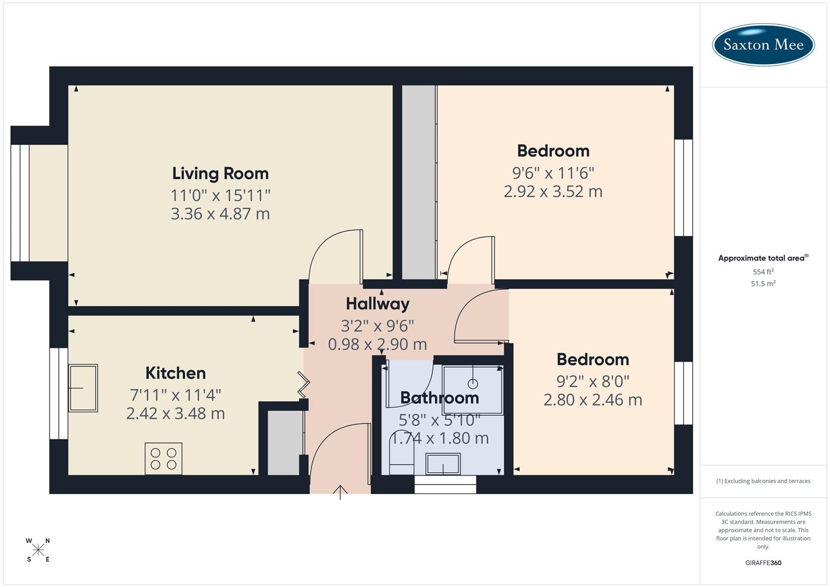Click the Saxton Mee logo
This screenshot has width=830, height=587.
[763, 45]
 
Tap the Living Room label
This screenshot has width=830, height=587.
[220, 173]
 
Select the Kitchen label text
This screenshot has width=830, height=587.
[176, 373]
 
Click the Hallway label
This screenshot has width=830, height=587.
[377, 304]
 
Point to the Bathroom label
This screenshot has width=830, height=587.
[439, 398]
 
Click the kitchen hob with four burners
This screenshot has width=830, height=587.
[164, 459]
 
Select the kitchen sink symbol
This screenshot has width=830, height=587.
[83, 388]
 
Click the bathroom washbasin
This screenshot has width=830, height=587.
[443, 464]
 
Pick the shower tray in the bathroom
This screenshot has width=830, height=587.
[473, 390]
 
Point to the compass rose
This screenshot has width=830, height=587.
[38, 550]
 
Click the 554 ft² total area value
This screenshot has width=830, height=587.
[763, 272]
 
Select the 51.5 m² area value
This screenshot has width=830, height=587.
[763, 284]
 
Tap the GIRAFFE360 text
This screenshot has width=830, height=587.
[763, 563]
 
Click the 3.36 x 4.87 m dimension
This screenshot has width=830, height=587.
[220, 214]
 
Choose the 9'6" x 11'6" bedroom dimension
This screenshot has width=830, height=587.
[553, 173]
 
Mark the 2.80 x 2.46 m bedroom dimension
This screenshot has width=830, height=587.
[592, 400]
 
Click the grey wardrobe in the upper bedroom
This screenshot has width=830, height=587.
[419, 182]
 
